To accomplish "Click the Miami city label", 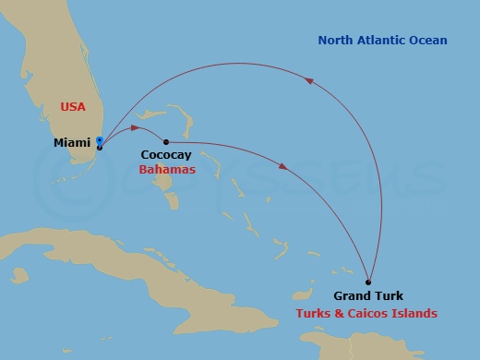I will click(x=73, y=142).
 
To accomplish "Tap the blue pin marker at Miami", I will click(x=99, y=141).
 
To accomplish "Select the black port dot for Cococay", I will click(x=165, y=141).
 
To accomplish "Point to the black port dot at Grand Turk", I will click(x=368, y=282).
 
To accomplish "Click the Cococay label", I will click(x=167, y=157).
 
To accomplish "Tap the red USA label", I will click(x=73, y=107).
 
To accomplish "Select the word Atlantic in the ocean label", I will click(x=385, y=41).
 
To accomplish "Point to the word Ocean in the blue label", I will click(x=429, y=41).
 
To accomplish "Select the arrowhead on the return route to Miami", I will click(x=310, y=80).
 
